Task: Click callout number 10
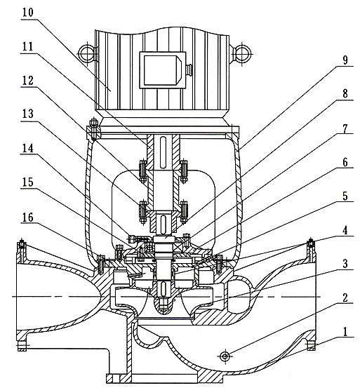(27, 13)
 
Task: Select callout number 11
(27, 46)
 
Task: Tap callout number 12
(27, 81)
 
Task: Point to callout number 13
(27, 114)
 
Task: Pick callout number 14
(27, 149)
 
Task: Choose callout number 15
(27, 182)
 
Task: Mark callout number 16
(27, 218)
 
